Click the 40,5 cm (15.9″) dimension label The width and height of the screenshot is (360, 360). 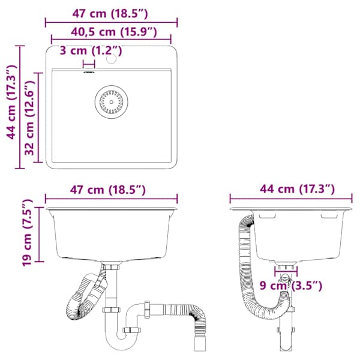(x=114, y=32)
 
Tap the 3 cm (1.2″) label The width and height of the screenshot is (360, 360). (x=91, y=50)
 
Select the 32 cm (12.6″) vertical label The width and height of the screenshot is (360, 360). (x=30, y=118)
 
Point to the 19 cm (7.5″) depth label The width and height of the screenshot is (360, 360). (x=27, y=233)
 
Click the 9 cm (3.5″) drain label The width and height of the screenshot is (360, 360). (x=290, y=286)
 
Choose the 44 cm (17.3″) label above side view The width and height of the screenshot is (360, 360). (x=298, y=189)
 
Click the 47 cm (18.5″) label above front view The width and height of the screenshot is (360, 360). (x=107, y=190)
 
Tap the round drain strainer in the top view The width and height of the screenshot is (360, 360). (x=112, y=102)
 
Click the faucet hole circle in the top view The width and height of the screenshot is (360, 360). (x=112, y=59)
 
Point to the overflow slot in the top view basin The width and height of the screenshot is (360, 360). (x=89, y=73)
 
